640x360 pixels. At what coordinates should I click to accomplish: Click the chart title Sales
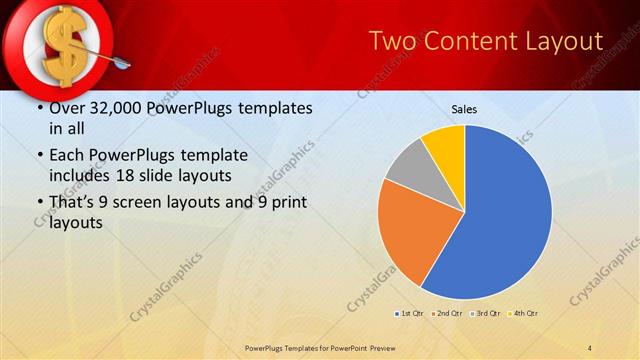[x=464, y=108]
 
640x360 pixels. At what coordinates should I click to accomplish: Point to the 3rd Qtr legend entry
[x=485, y=313]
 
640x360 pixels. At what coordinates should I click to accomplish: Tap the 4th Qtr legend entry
[x=524, y=313]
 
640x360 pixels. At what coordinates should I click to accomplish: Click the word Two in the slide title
[x=393, y=41]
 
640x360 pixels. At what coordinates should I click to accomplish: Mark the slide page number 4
[x=590, y=347]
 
